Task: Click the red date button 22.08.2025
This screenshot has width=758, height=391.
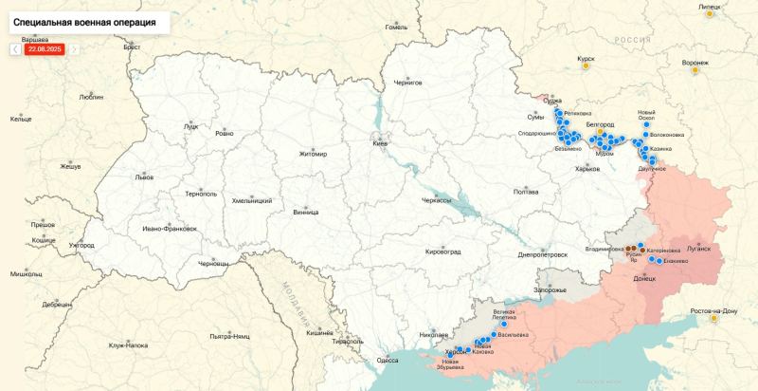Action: click(45, 48)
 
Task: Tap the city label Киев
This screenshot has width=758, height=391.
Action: click(380, 143)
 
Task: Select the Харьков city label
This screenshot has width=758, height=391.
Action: click(587, 169)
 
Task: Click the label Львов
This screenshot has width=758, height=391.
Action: click(144, 177)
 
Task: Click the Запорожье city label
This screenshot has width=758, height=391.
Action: click(550, 289)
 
